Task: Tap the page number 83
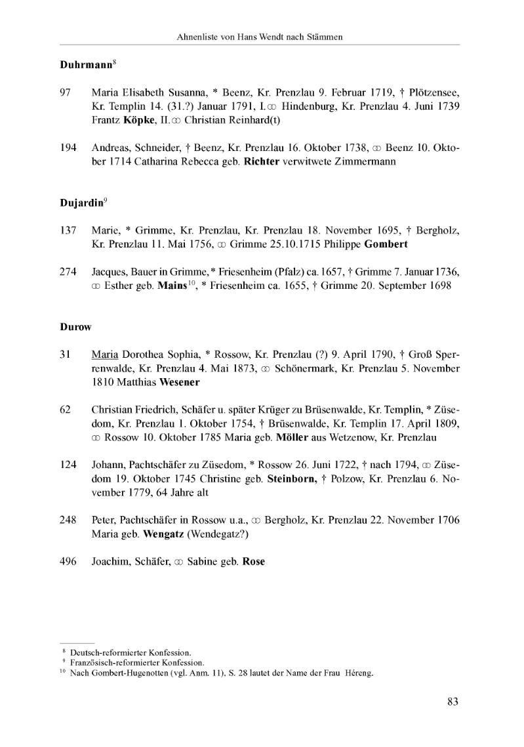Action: point(453,702)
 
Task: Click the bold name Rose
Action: point(254,561)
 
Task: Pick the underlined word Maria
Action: point(104,354)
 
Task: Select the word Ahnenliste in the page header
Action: point(197,37)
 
